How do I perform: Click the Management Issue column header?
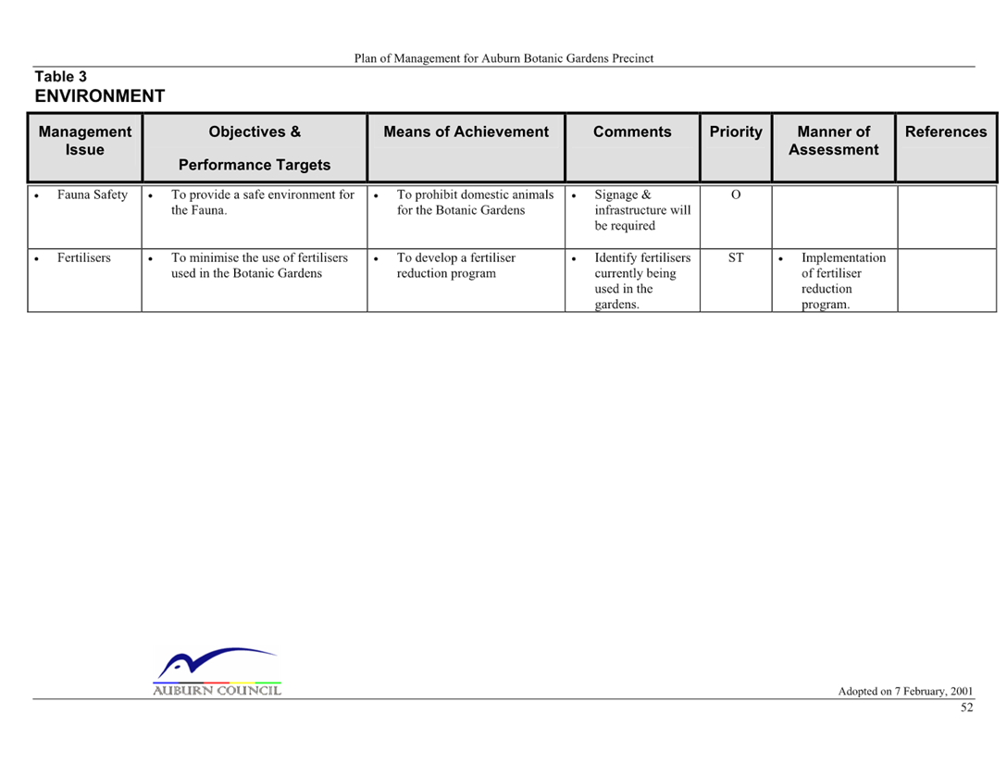[85, 141]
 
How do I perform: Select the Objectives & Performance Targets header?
[255, 148]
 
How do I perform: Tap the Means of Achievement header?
[466, 132]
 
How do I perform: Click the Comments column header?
[632, 132]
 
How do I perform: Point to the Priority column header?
[736, 132]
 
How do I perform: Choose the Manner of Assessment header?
[834, 141]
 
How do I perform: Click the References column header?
[946, 132]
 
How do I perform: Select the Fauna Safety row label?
[93, 194]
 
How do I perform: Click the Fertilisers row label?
[83, 257]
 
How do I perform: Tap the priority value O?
[736, 194]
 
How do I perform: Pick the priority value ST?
[736, 257]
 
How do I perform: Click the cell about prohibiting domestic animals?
[475, 203]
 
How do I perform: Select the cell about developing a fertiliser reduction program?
[456, 266]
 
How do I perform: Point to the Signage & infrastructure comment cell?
[642, 210]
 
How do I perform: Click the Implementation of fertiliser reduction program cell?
[843, 281]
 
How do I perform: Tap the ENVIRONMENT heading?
[100, 95]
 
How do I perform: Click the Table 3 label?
[60, 77]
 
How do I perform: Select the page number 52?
[966, 708]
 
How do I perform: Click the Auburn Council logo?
[218, 671]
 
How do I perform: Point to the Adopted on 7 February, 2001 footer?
[905, 692]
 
